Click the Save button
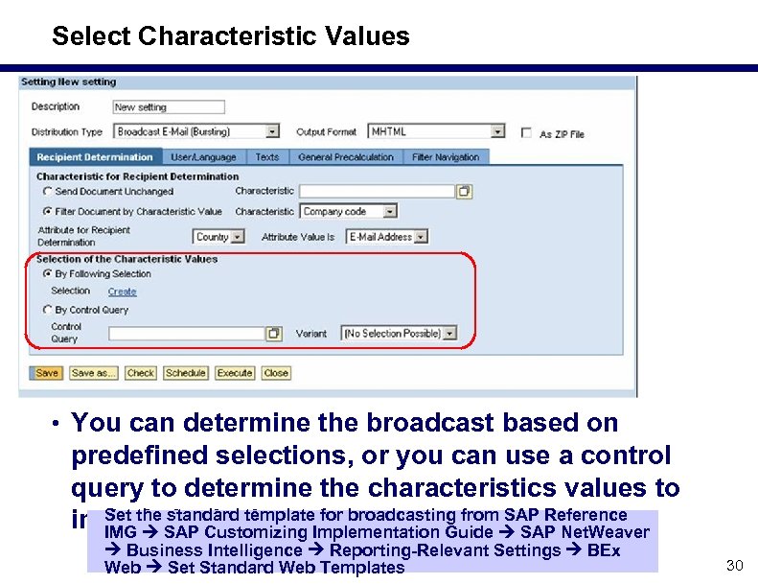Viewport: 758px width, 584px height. coord(47,373)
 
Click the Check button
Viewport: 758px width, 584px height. coord(140,373)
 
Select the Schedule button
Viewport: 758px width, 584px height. coord(185,373)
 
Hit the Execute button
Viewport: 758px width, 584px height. coord(235,373)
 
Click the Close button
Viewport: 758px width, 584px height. coord(276,373)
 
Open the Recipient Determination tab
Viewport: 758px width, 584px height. coord(95,157)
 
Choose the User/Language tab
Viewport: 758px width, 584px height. coord(203,157)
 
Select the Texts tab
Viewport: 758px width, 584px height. coord(267,157)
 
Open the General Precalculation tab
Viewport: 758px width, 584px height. coord(346,157)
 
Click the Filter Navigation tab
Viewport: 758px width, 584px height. coord(445,157)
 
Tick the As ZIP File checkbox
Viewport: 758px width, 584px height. coord(526,133)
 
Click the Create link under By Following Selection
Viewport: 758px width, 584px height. coord(122,292)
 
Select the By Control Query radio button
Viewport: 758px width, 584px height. coord(47,310)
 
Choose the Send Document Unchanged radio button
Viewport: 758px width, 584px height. coord(47,192)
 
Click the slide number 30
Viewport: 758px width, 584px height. coord(734,566)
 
